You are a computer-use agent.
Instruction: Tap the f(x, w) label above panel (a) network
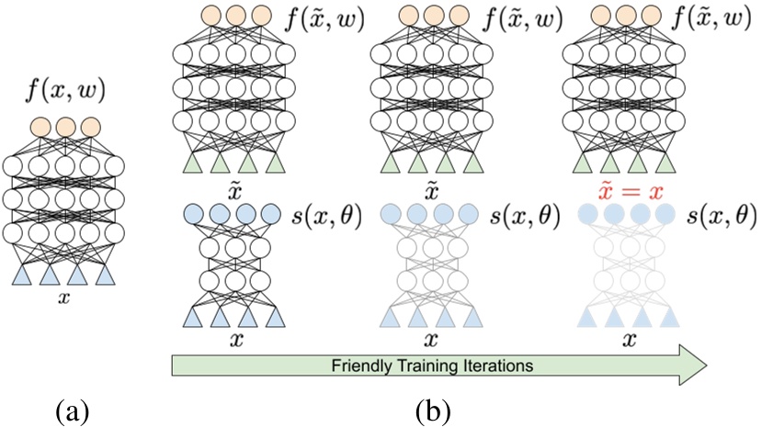pos(65,91)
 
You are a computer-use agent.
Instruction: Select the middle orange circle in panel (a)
pos(65,126)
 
